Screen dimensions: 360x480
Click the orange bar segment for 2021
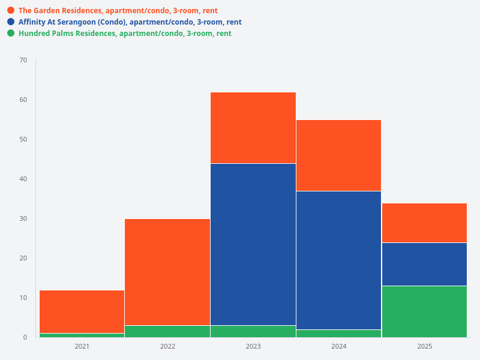82,311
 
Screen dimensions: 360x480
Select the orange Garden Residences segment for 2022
167,272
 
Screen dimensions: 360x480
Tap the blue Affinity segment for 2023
253,244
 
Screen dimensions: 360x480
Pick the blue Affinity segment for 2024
338,260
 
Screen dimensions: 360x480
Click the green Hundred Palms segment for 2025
424,311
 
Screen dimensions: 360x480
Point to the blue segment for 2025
424,264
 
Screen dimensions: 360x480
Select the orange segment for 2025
424,223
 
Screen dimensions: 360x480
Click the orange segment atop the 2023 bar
253,128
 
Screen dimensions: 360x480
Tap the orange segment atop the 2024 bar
338,155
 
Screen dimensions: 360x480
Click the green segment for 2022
167,331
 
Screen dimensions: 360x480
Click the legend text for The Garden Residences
118,11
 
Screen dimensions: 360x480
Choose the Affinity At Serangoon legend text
130,22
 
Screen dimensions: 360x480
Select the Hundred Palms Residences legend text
125,34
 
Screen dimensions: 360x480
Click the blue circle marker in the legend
11,22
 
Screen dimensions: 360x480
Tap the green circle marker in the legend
11,34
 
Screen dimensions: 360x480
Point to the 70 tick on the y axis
23,60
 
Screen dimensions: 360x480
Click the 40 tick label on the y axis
23,179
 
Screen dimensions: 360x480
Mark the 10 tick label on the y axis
23,298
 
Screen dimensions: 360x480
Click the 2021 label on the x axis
82,347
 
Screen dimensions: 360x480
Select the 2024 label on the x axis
338,347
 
